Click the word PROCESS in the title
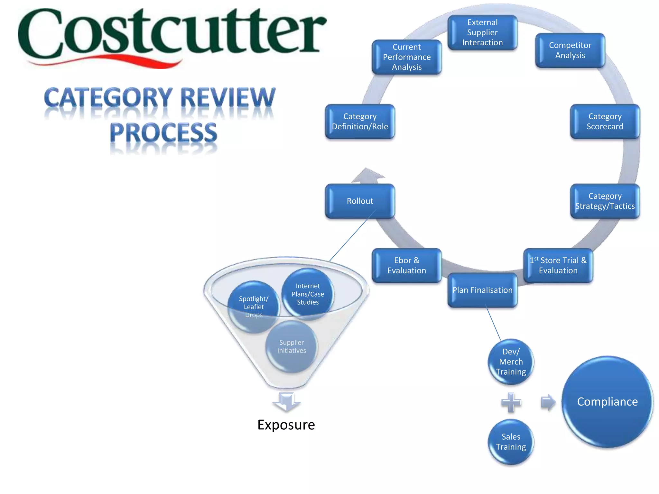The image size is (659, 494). [x=163, y=133]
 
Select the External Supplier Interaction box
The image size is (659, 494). [x=482, y=32]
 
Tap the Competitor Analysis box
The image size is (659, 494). [x=570, y=50]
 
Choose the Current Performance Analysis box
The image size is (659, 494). [x=407, y=57]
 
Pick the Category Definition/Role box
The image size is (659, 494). [x=360, y=121]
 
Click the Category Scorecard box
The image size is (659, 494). [x=605, y=121]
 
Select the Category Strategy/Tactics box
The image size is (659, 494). [x=605, y=201]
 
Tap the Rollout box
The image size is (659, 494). [x=360, y=201]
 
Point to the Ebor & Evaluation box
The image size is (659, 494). [x=407, y=265]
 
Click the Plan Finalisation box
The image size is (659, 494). [x=482, y=290]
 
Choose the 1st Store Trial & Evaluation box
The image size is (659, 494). [x=558, y=265]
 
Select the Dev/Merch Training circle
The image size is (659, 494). [x=511, y=362]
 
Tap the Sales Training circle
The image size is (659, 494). [x=511, y=442]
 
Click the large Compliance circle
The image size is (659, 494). [x=607, y=402]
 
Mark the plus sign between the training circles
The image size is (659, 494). [x=511, y=402]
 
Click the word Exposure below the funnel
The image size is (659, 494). [x=286, y=425]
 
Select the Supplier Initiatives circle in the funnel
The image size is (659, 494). [x=292, y=347]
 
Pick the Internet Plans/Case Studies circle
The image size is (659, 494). [x=308, y=294]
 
